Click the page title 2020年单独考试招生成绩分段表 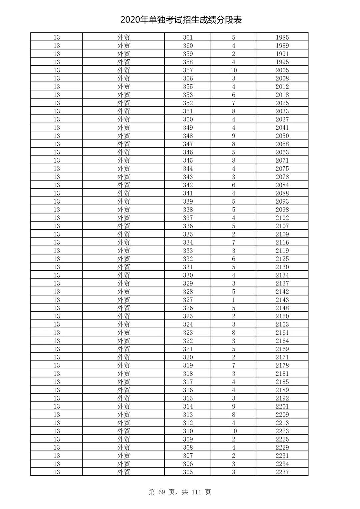(x=181, y=20)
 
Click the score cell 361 (x=188, y=37)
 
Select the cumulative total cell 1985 (x=282, y=37)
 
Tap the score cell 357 (x=188, y=70)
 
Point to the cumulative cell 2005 (x=282, y=70)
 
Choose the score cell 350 (x=188, y=119)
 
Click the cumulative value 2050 (x=282, y=136)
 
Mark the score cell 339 (x=188, y=201)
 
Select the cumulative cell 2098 (x=282, y=209)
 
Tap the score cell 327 (x=188, y=300)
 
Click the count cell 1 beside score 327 (x=233, y=300)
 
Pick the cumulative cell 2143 (x=282, y=300)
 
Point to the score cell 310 (x=188, y=431)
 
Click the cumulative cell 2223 (x=282, y=431)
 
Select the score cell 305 (x=188, y=472)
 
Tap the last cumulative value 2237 (x=282, y=472)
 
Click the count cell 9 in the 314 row (x=233, y=406)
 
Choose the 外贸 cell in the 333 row (x=123, y=251)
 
